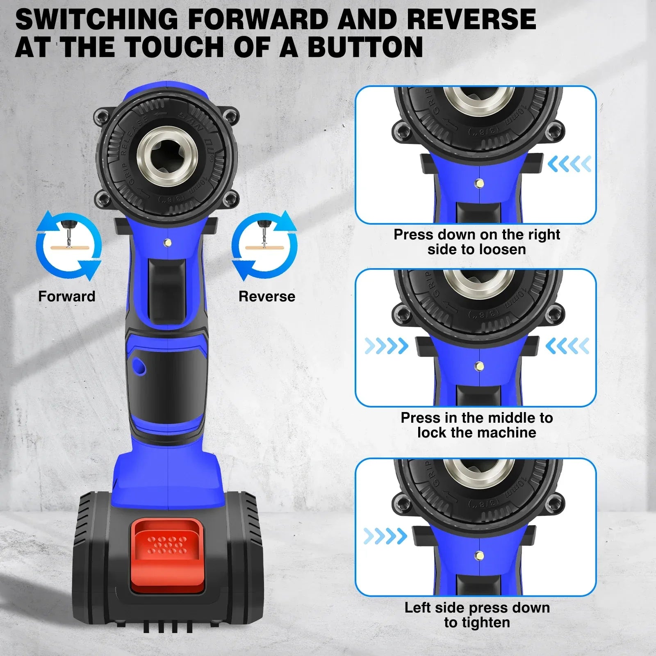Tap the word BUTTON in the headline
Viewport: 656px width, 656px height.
[365, 47]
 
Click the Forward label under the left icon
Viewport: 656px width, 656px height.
[66, 296]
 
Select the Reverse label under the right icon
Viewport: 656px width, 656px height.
[267, 296]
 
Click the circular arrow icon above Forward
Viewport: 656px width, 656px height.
[68, 246]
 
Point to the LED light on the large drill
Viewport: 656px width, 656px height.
[167, 243]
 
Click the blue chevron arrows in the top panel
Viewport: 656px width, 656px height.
[569, 164]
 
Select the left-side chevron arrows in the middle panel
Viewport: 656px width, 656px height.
[386, 346]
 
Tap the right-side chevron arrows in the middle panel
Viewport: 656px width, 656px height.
[567, 346]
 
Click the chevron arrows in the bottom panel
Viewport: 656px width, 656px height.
[385, 536]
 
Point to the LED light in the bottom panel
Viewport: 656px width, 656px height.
[479, 556]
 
